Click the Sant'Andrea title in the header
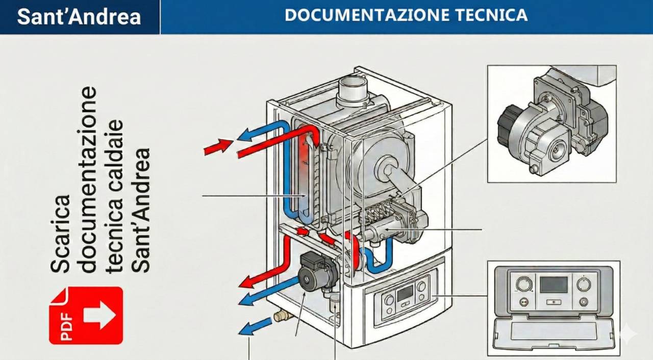[x=79, y=17]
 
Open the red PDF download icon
[x=86, y=315]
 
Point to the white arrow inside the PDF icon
[x=99, y=315]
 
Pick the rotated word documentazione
[x=88, y=179]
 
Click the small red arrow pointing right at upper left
[x=217, y=146]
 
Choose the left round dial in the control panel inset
[x=523, y=284]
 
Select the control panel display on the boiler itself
[x=405, y=293]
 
